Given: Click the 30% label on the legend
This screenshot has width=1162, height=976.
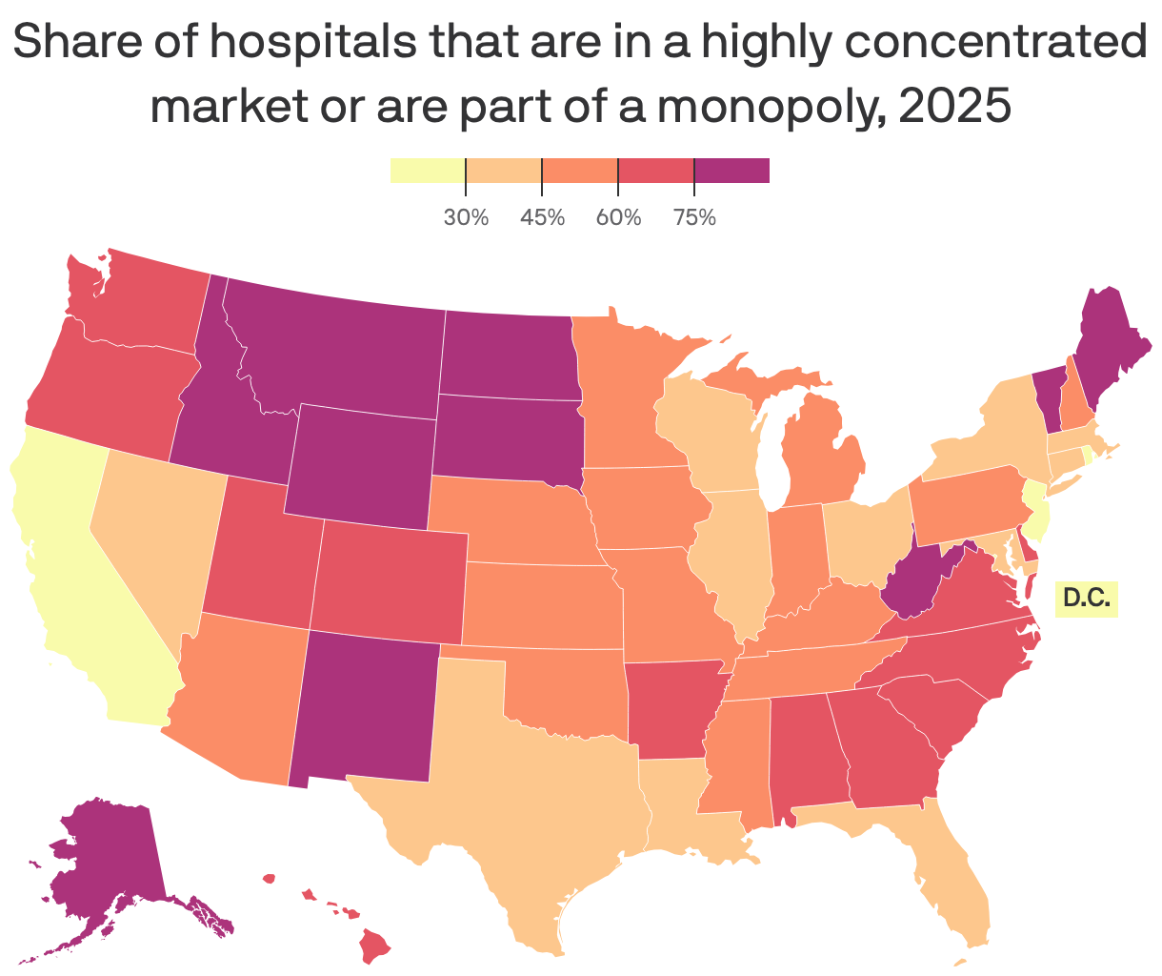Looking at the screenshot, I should click(466, 217).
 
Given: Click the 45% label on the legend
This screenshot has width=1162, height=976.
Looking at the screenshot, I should click(542, 217).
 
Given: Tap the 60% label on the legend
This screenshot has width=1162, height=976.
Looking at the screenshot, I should click(618, 217).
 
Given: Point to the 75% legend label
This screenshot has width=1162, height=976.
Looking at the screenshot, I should click(694, 217).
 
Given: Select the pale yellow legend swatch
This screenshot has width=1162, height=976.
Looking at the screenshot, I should click(427, 171).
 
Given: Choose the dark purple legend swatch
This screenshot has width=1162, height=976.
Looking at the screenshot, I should click(731, 171).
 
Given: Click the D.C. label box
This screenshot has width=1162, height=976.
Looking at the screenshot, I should click(1086, 599).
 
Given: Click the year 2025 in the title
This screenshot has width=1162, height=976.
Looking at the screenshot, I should click(952, 106).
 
